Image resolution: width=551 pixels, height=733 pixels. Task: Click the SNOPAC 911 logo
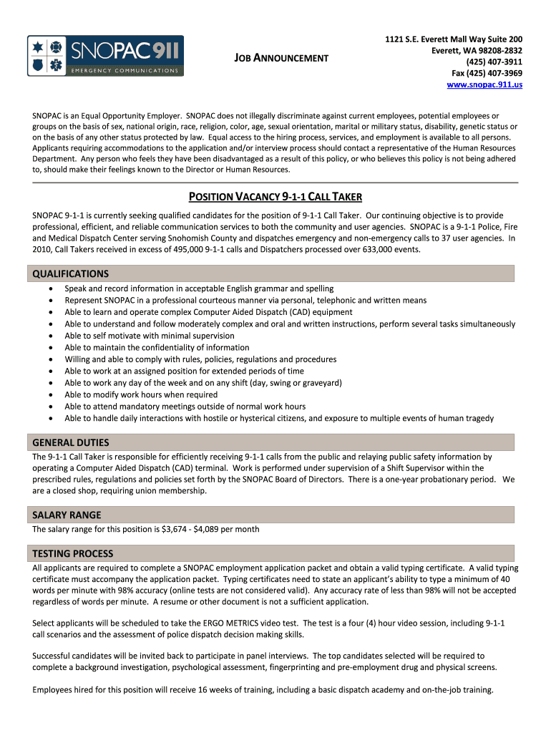click(105, 56)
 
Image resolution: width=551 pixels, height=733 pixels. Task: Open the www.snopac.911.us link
click(484, 84)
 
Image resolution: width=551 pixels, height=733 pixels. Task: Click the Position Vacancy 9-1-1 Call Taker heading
click(275, 197)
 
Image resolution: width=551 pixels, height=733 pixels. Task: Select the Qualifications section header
click(70, 273)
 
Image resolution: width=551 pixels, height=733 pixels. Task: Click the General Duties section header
click(71, 442)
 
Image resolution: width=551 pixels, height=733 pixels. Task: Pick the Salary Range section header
click(67, 515)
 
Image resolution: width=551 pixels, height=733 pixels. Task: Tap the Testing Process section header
click(72, 553)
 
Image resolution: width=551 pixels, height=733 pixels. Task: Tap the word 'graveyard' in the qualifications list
click(319, 383)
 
